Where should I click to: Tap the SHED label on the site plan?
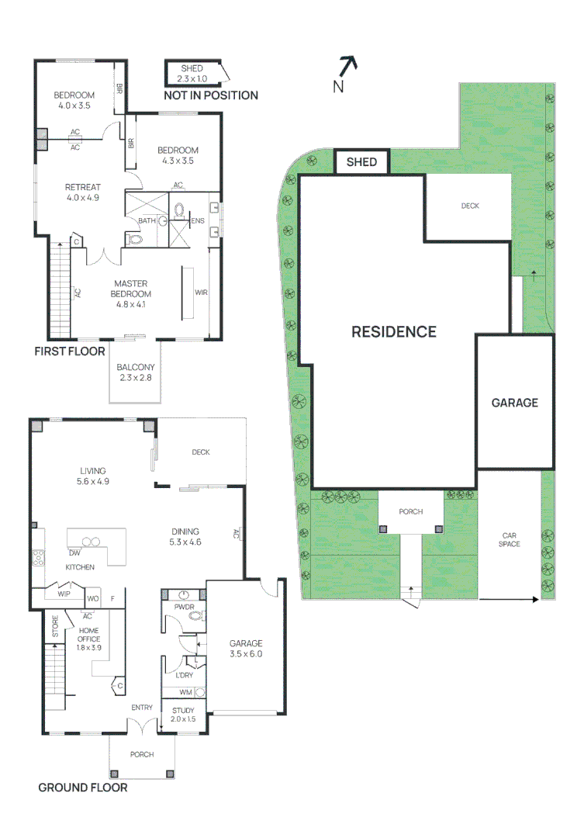(x=361, y=162)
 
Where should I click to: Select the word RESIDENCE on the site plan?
(x=394, y=332)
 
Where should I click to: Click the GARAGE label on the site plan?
(x=514, y=403)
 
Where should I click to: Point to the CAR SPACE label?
(x=510, y=539)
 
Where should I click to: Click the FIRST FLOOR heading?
(x=70, y=351)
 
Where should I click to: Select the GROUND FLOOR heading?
(x=83, y=788)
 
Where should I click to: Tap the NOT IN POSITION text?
(x=211, y=95)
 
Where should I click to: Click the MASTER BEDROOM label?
(x=130, y=289)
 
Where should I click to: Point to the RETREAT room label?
(x=83, y=186)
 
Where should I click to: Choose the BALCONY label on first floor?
(x=136, y=367)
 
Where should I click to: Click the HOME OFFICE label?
(x=88, y=635)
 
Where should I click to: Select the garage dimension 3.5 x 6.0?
(x=246, y=653)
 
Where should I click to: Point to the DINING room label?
(x=186, y=532)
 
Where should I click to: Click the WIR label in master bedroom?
(x=201, y=293)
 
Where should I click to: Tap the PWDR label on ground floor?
(x=184, y=605)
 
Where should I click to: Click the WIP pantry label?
(x=64, y=594)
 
